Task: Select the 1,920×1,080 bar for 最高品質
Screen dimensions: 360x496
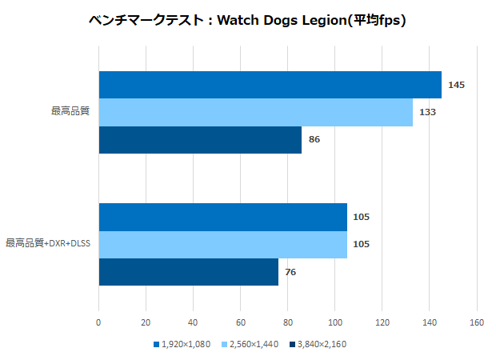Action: pos(270,85)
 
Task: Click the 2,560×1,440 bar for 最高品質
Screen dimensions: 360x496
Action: pos(255,112)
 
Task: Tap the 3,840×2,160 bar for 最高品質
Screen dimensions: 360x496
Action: pos(200,139)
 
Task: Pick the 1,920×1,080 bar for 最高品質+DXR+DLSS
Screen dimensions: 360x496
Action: pos(222,217)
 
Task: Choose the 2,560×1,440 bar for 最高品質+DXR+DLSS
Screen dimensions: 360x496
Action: pos(222,244)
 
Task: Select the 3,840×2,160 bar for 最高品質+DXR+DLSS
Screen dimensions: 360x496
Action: pos(188,271)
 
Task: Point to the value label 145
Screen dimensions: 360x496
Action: pos(457,85)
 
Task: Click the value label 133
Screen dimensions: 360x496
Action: pos(427,112)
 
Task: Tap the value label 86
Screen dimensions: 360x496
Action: pos(314,139)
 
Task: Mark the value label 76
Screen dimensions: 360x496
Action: pos(290,272)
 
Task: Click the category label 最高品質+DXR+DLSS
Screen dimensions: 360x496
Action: pos(48,243)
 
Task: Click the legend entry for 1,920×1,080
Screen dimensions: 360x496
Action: pos(182,344)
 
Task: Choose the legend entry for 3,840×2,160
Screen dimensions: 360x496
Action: pos(318,344)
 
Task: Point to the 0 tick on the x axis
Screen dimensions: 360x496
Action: pos(98,323)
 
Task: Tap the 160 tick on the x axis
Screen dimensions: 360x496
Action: pos(477,323)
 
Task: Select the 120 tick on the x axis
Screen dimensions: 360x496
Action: pos(382,323)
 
